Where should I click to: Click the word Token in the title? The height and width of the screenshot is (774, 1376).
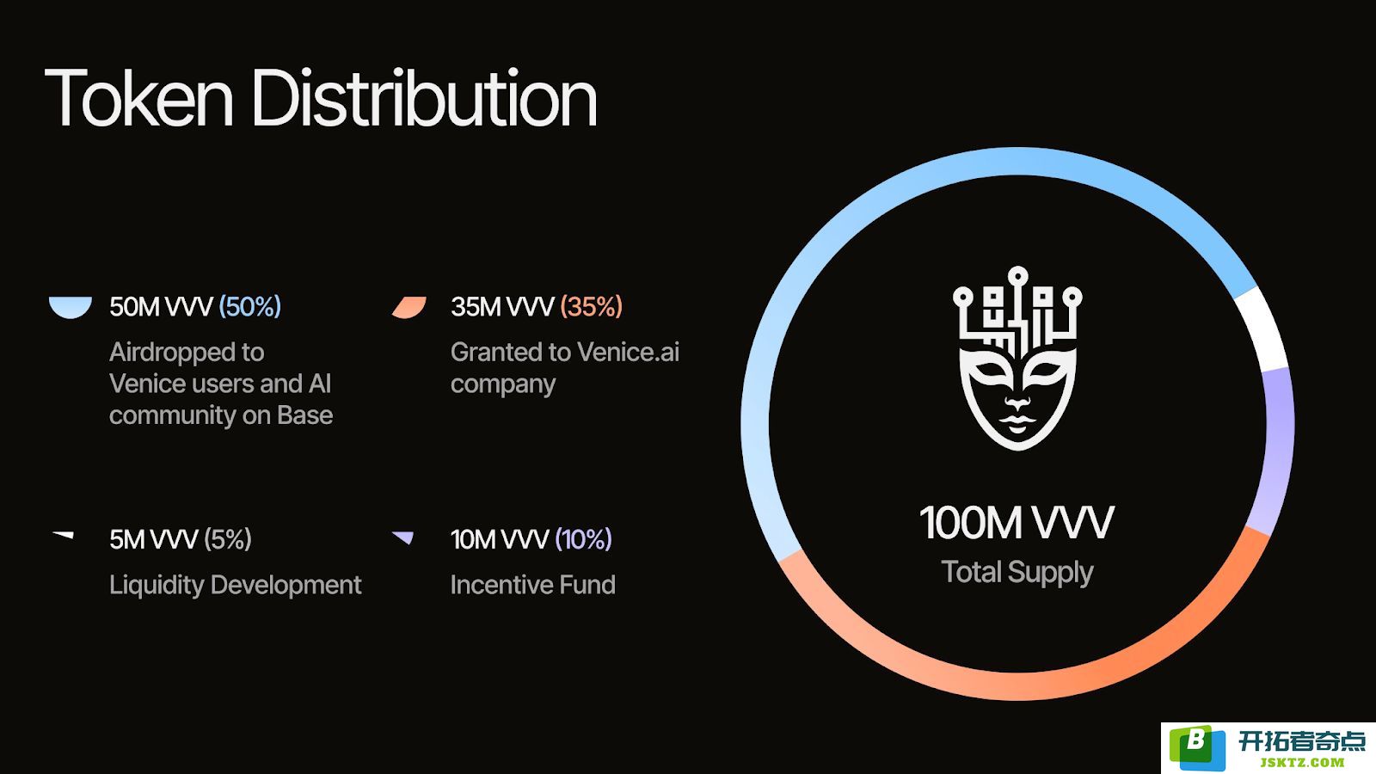(138, 98)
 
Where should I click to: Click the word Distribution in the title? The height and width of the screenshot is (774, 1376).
(424, 97)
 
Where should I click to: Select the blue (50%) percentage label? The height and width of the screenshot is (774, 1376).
(250, 306)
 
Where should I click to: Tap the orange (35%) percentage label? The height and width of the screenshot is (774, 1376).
(591, 306)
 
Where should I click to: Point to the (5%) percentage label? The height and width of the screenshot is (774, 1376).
(227, 538)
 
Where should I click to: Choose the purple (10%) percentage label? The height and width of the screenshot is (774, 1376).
(583, 538)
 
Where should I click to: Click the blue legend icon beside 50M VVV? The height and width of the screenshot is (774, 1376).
(70, 306)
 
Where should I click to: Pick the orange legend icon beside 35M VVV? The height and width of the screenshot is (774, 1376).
(409, 307)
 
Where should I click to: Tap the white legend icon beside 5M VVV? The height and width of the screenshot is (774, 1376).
(64, 535)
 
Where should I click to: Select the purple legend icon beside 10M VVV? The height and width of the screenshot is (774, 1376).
(403, 537)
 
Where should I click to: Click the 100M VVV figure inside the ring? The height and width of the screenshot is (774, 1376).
(1017, 523)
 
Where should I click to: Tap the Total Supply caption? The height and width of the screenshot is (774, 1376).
(1017, 573)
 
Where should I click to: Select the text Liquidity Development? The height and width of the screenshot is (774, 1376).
(236, 585)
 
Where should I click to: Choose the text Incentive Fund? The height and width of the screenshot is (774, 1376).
(532, 585)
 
